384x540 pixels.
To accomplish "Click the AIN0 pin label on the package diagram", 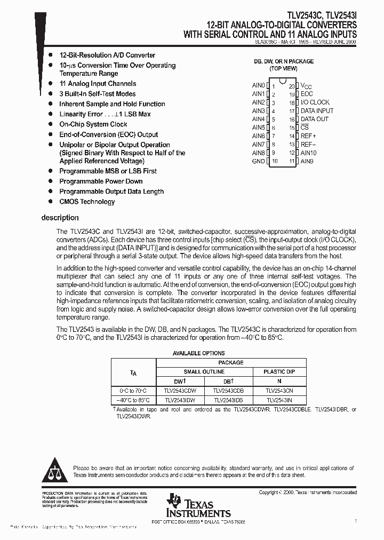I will click(x=258, y=85).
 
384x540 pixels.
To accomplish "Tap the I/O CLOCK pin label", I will click(x=315, y=102).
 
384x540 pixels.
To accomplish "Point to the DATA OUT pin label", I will click(x=315, y=119).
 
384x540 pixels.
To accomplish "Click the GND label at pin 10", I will click(x=258, y=161).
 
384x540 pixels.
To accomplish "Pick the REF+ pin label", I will click(x=309, y=136).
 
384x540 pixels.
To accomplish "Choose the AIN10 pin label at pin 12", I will click(x=309, y=153).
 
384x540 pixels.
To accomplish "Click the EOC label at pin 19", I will click(x=307, y=94).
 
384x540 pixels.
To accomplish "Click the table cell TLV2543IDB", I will click(x=228, y=400).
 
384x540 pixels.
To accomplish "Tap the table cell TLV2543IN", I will click(x=279, y=400).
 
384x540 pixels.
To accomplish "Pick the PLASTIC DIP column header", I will click(x=279, y=371).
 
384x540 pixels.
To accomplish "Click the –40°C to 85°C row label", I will click(x=133, y=400).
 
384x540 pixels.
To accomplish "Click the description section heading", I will click(x=60, y=218).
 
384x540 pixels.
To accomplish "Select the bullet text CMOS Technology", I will click(x=87, y=202).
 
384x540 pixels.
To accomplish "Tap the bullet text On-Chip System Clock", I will click(x=93, y=124).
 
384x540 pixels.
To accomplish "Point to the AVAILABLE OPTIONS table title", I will click(x=198, y=353).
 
